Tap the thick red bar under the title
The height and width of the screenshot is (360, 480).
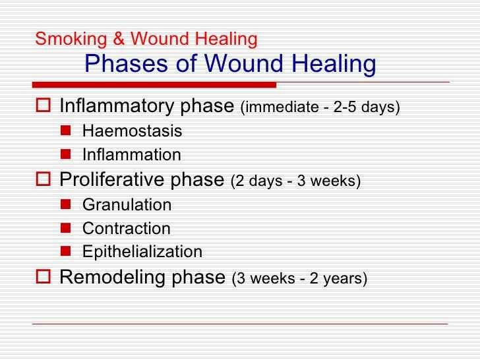[154, 85]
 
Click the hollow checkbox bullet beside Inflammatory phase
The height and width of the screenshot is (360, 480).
[44, 107]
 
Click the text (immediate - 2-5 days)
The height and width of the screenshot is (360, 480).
[320, 107]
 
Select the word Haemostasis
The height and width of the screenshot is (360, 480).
[132, 131]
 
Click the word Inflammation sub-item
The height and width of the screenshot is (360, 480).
[131, 155]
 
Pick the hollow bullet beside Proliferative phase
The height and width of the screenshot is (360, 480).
[44, 180]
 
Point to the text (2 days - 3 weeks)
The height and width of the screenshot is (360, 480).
[295, 181]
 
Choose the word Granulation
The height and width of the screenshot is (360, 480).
[127, 204]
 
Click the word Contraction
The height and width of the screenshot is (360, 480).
[126, 229]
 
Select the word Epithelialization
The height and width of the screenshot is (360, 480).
[142, 253]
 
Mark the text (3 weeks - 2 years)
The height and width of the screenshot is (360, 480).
[299, 278]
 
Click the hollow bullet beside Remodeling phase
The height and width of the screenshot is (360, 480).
[44, 278]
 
